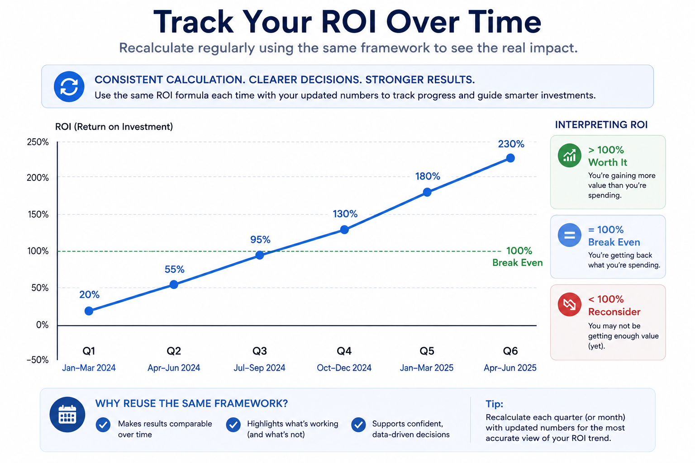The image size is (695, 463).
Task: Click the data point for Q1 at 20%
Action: pos(89,311)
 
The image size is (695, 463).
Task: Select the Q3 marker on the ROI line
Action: pos(260,255)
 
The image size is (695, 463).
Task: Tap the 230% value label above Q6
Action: pos(511,144)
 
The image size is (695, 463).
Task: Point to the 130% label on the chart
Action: pos(345,214)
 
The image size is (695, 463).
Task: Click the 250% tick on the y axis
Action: pos(38,142)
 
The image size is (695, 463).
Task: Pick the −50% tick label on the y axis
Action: pos(38,360)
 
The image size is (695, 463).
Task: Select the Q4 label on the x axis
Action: pos(344,351)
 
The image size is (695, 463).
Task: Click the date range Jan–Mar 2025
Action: pos(427,368)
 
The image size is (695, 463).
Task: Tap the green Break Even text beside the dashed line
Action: pos(518,263)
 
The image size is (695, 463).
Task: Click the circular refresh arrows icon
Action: pos(69,86)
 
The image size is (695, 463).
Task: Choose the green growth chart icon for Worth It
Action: pos(569,156)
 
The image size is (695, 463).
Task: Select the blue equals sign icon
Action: pos(569,235)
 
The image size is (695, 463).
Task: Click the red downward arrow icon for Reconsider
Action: pos(569,305)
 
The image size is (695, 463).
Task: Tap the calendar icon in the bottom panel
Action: pos(67,415)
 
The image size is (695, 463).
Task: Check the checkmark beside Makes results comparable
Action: pos(103,425)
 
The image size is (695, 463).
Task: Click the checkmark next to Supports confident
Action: pos(358,425)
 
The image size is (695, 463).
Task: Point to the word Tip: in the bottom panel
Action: pos(494,404)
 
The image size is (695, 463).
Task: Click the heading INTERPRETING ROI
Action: pos(601,125)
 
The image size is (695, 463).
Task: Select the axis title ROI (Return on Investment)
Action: pos(114,127)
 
